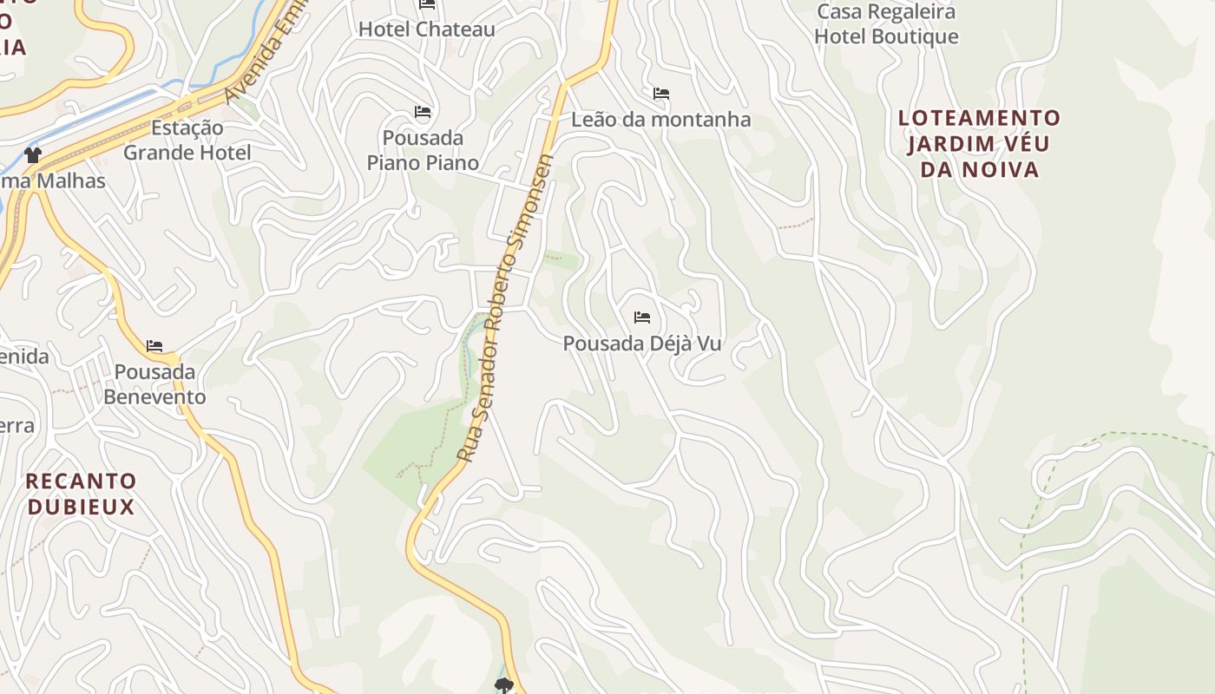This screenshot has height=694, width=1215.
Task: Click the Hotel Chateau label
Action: pyautogui.click(x=426, y=29)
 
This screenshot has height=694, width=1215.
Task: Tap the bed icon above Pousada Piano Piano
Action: pyautogui.click(x=423, y=112)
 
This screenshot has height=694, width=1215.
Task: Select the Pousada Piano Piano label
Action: pyautogui.click(x=423, y=150)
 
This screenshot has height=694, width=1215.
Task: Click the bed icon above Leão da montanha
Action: pyautogui.click(x=660, y=94)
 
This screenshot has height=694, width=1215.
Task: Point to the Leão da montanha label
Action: pyautogui.click(x=660, y=120)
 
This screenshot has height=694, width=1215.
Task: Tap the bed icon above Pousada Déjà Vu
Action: pyautogui.click(x=642, y=318)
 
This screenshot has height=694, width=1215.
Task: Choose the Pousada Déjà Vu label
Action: pyautogui.click(x=642, y=344)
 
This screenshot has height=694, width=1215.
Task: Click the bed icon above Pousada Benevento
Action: pyautogui.click(x=154, y=346)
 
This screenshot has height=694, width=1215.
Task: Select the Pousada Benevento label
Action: pyautogui.click(x=154, y=384)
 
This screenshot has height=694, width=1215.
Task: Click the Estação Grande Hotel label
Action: pyautogui.click(x=187, y=141)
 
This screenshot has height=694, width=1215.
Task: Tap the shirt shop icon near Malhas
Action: pyautogui.click(x=33, y=155)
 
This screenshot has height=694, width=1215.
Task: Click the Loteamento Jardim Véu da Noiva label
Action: pyautogui.click(x=979, y=143)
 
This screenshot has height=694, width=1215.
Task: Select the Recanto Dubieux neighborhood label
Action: pyautogui.click(x=81, y=494)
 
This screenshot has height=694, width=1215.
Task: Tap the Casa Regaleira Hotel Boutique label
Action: pyautogui.click(x=886, y=24)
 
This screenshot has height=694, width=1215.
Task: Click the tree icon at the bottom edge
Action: pyautogui.click(x=503, y=686)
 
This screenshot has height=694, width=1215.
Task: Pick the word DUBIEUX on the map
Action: pyautogui.click(x=81, y=507)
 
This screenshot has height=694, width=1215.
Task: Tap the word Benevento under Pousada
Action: pyautogui.click(x=154, y=397)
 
